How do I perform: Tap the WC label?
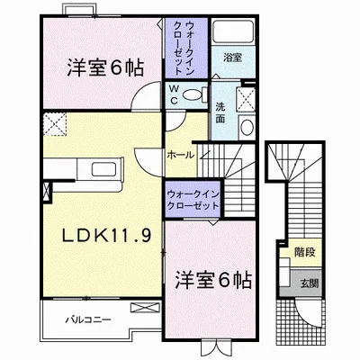(175, 94)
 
